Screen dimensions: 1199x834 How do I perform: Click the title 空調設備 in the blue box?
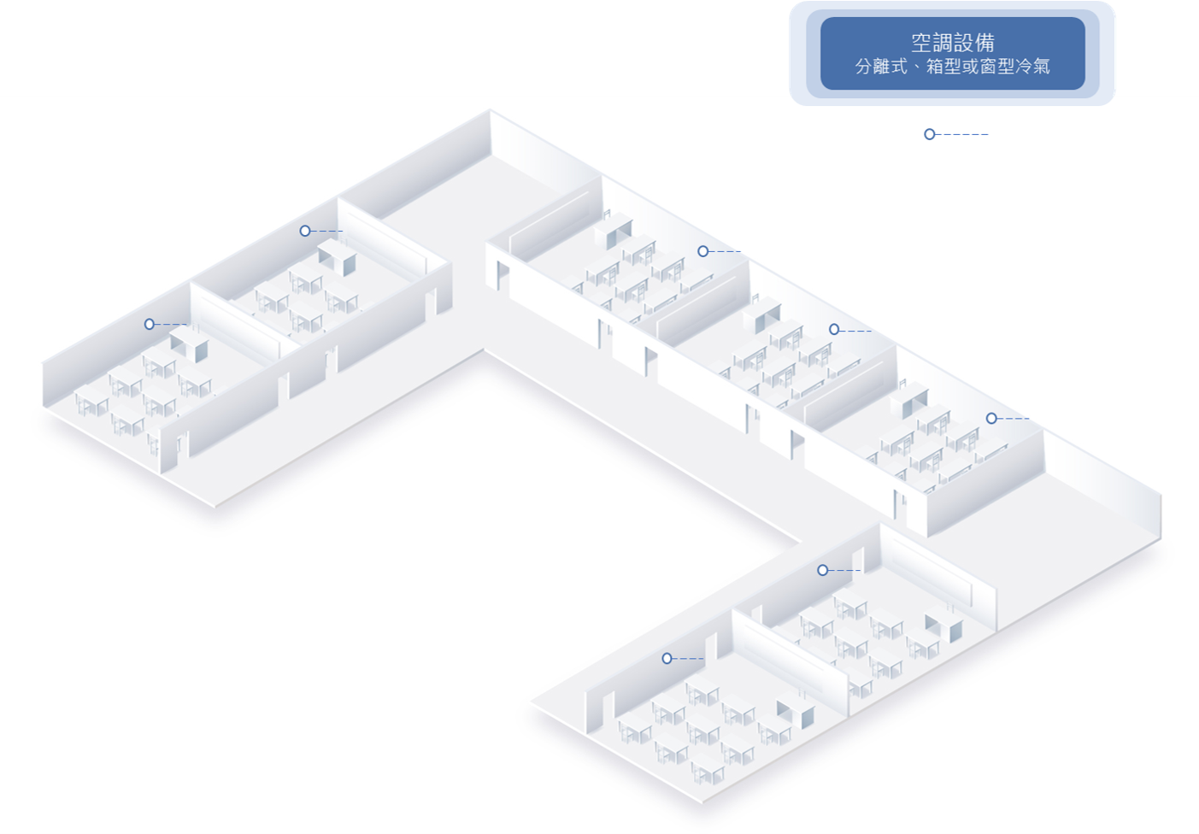(953, 42)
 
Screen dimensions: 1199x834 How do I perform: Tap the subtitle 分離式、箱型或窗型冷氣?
(952, 67)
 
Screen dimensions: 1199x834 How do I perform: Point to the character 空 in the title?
(921, 42)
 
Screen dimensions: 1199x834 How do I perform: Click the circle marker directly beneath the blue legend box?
(930, 134)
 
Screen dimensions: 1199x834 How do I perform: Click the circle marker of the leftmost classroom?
(150, 324)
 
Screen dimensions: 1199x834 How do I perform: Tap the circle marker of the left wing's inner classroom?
(305, 231)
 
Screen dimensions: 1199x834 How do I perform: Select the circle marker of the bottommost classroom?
(667, 659)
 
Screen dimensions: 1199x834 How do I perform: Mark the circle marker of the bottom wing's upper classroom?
(823, 571)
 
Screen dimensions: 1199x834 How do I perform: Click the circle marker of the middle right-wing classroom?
(834, 330)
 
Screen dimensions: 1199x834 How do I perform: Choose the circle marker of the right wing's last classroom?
(991, 419)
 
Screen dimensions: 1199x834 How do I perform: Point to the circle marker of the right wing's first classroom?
(703, 251)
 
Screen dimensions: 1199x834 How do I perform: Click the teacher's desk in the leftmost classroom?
(190, 344)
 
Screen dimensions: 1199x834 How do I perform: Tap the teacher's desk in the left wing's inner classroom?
(338, 257)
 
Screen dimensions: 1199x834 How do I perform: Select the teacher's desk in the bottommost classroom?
(796, 712)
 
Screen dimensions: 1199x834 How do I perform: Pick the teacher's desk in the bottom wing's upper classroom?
(943, 625)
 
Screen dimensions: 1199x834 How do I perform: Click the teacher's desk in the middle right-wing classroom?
(761, 316)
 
